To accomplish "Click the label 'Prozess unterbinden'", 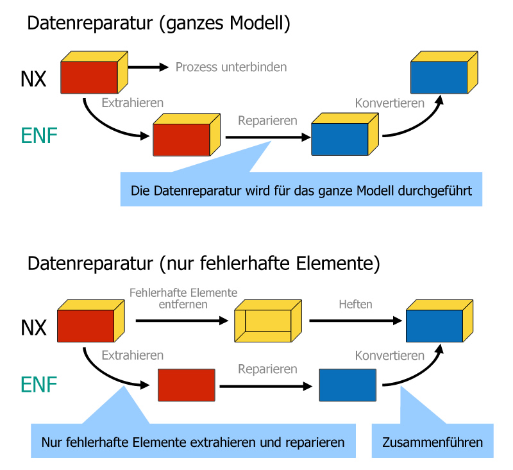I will pyautogui.click(x=231, y=67).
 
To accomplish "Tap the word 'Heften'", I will pyautogui.click(x=355, y=305).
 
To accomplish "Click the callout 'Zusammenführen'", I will pyautogui.click(x=432, y=442).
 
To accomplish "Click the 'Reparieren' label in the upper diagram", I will pyautogui.click(x=267, y=121).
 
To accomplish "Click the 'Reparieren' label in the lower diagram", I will pyautogui.click(x=267, y=369).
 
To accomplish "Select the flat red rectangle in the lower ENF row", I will pyautogui.click(x=186, y=385).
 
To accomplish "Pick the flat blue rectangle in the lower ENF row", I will pyautogui.click(x=348, y=385).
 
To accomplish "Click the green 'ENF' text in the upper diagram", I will pyautogui.click(x=39, y=135).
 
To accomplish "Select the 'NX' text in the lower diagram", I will pyautogui.click(x=33, y=328).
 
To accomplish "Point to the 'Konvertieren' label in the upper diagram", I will pyautogui.click(x=389, y=103).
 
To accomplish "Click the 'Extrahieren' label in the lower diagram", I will pyautogui.click(x=132, y=355).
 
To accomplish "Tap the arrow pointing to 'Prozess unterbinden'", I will pyautogui.click(x=147, y=67).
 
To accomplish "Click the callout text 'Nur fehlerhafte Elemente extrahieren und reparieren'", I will pyautogui.click(x=193, y=442).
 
